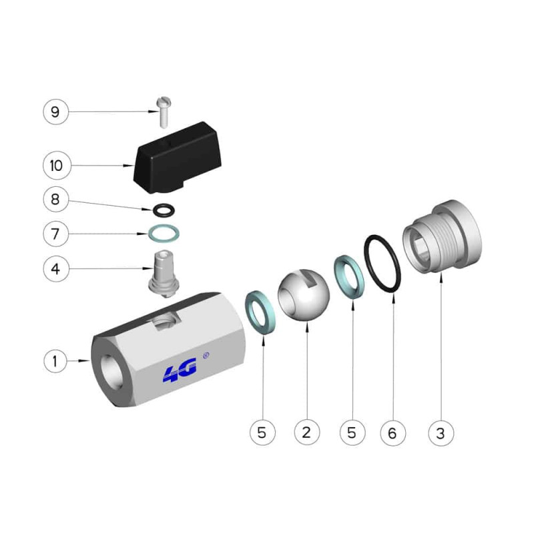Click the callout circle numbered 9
56,111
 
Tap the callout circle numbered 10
57,166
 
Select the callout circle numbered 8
56,199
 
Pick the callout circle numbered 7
56,234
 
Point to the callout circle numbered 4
56,269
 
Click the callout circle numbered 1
55,361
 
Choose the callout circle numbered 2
307,433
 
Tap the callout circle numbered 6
392,433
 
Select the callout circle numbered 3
441,433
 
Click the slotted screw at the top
164,112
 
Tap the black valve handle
177,158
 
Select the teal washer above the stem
164,234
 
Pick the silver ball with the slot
304,296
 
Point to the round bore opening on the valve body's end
112,372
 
